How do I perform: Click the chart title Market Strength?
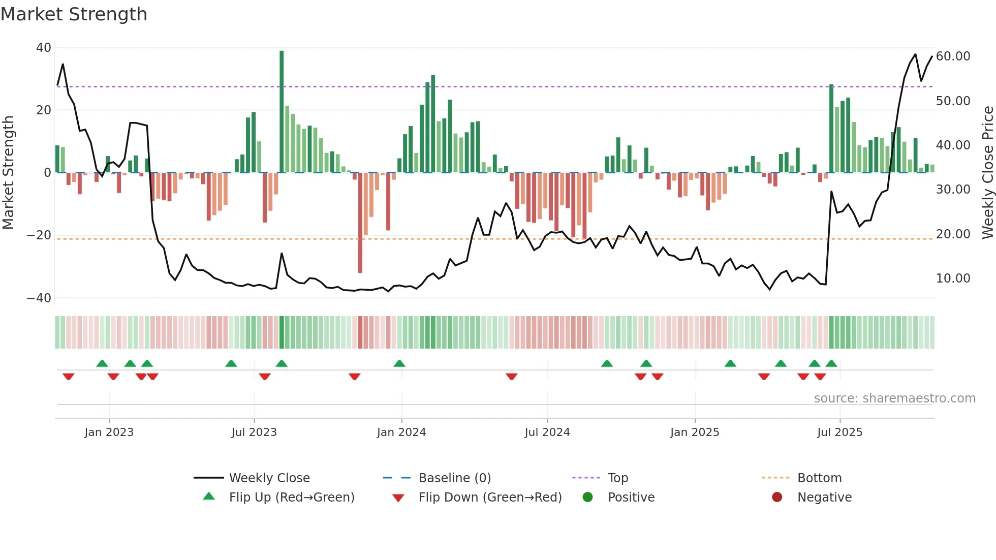point(74,14)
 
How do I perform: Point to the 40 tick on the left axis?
point(44,48)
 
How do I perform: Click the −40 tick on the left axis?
point(39,298)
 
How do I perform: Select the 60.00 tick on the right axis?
point(953,56)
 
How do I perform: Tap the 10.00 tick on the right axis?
point(953,278)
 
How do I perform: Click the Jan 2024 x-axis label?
point(401,432)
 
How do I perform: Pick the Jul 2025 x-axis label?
point(839,432)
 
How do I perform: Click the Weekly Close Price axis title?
point(987,172)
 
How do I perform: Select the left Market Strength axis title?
point(9,172)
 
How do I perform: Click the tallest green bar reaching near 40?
point(282,112)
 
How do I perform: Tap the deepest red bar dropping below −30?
point(360,224)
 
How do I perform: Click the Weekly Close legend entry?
point(269,478)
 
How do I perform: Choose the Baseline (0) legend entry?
point(454,478)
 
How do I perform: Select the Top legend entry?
point(617,478)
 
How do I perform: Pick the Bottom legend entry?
point(819,478)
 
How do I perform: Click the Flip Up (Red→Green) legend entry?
point(291,497)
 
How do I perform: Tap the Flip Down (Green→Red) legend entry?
point(489,497)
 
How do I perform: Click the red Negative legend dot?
point(777,497)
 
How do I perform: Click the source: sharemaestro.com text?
point(894,398)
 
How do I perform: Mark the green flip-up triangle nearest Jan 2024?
point(399,364)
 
